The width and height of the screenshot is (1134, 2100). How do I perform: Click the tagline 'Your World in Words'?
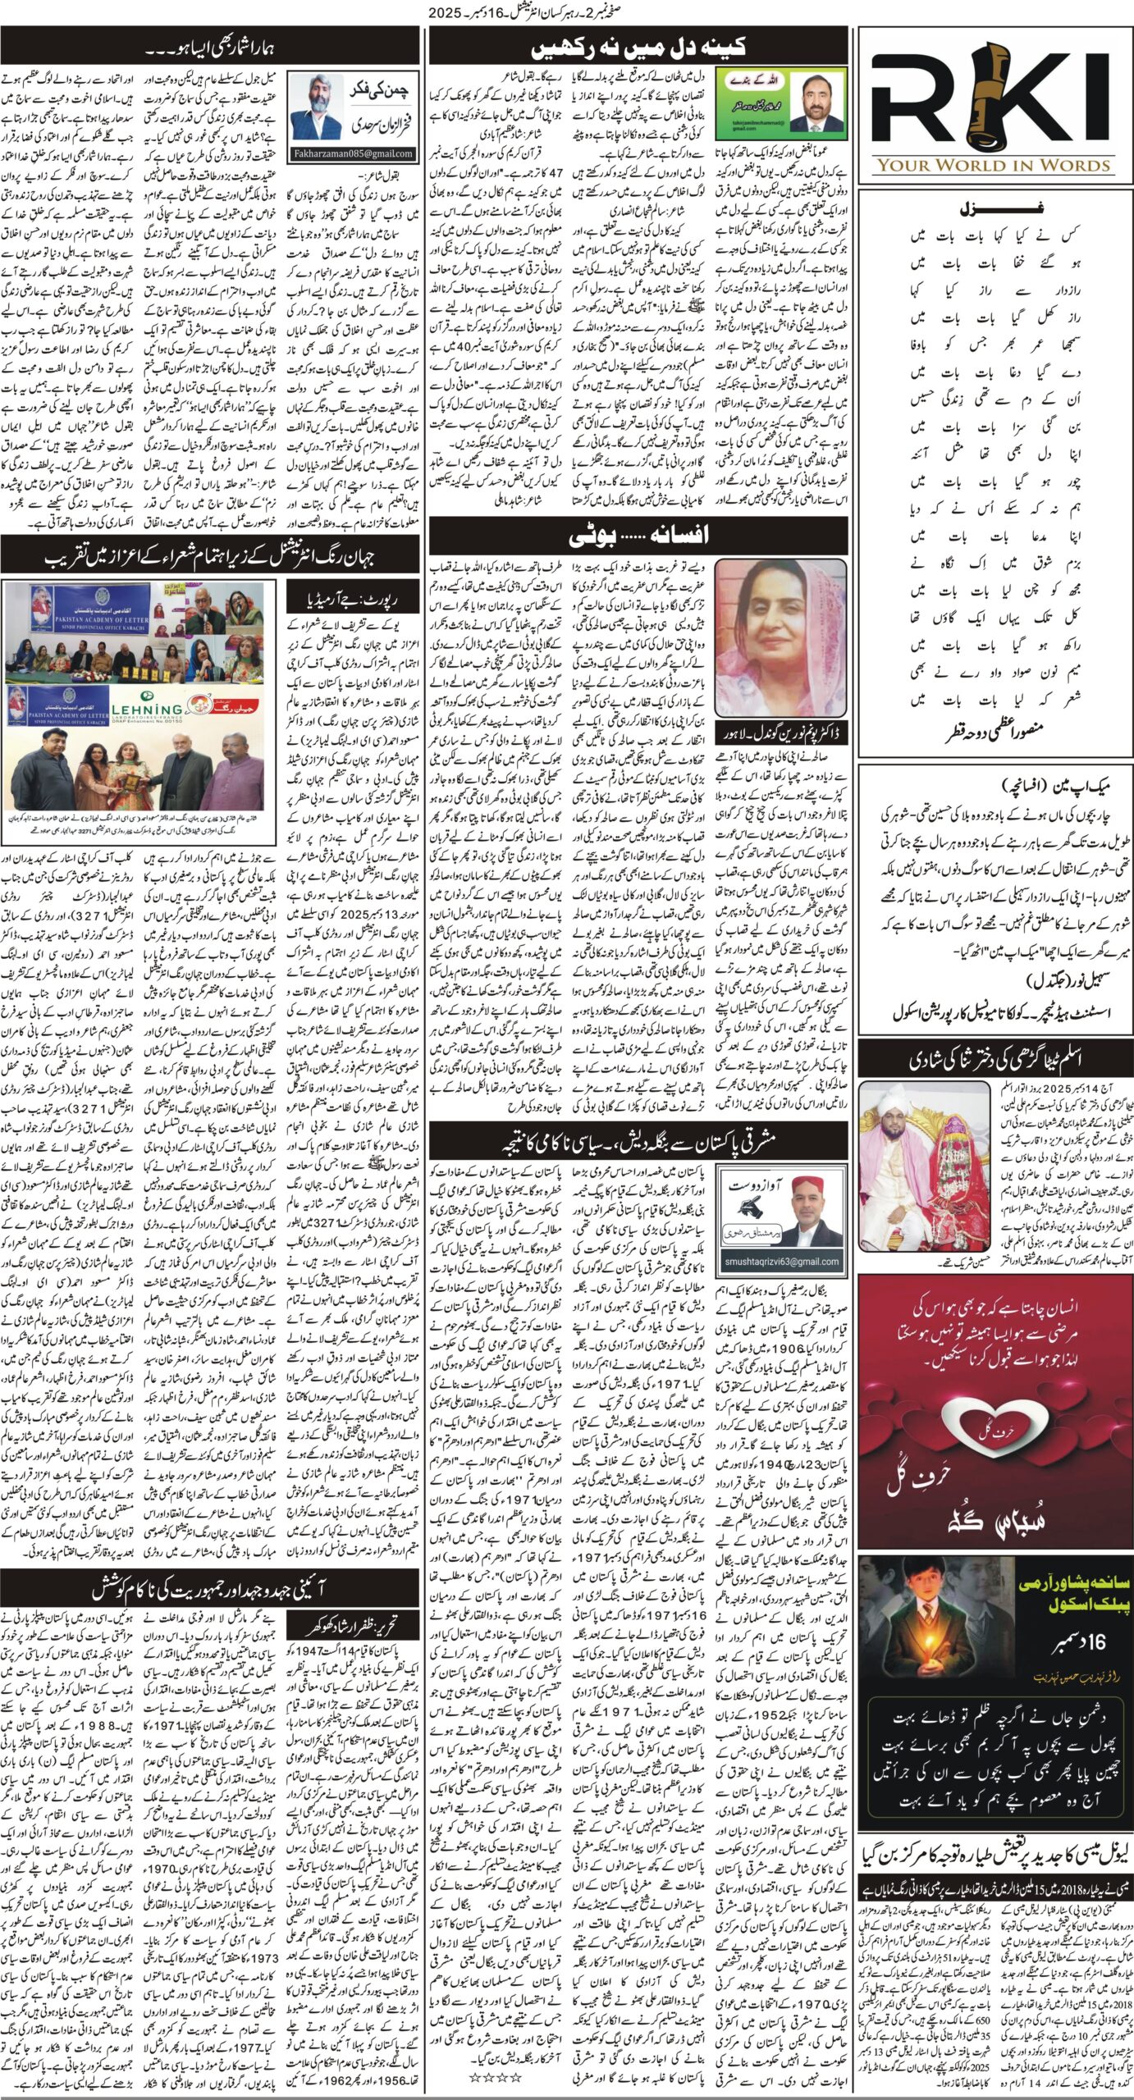tap(994, 165)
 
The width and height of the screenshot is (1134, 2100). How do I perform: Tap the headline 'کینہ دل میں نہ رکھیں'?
tap(638, 47)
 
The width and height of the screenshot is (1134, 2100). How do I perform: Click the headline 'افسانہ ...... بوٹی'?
tap(638, 535)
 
